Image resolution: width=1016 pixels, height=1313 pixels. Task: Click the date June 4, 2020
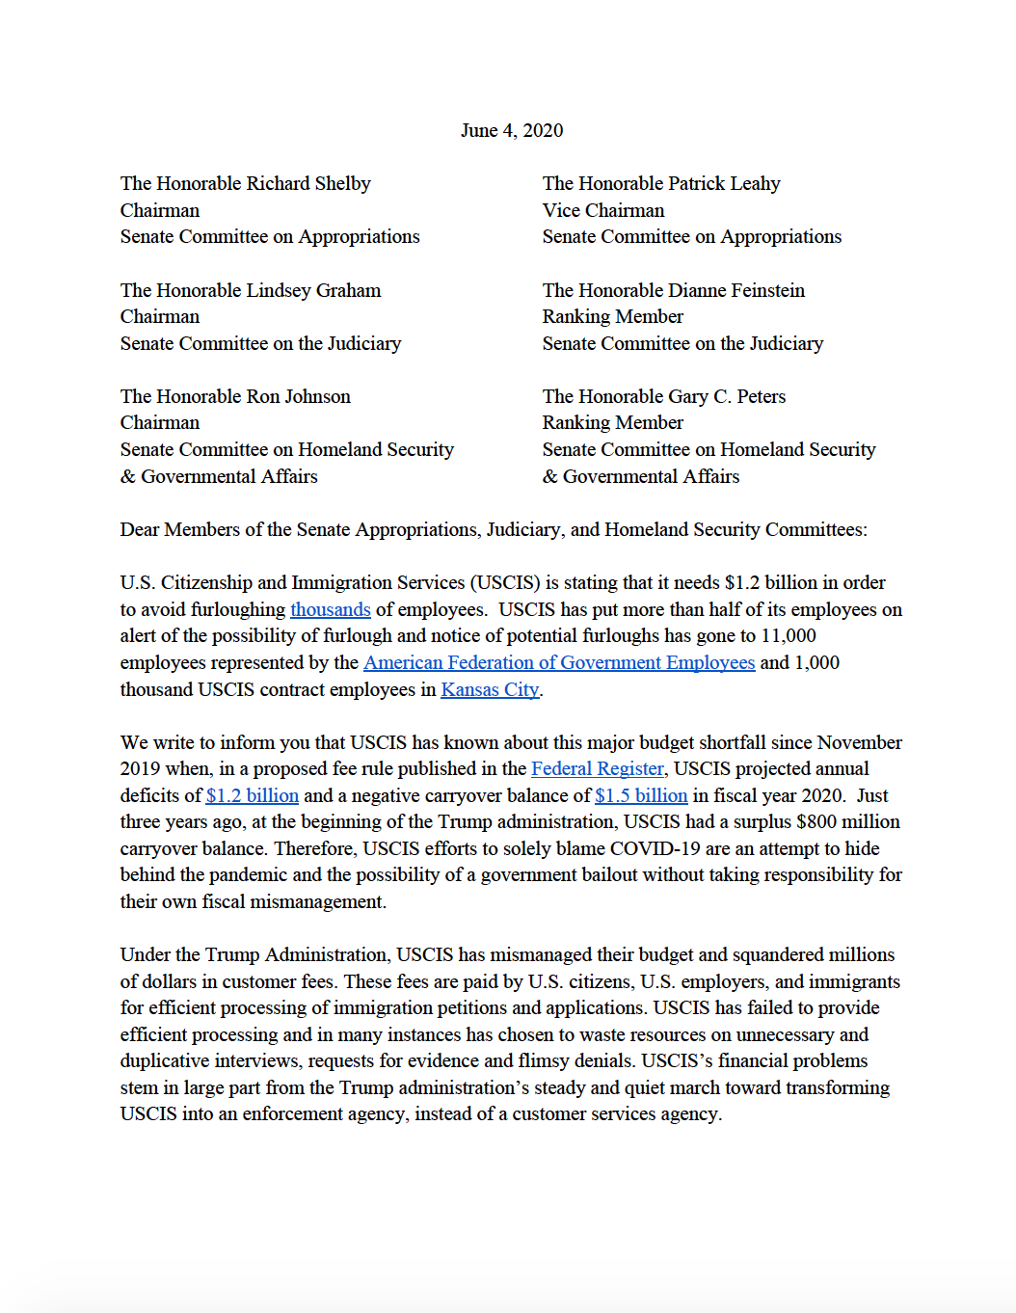click(512, 131)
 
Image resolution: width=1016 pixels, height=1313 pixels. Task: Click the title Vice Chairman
click(603, 210)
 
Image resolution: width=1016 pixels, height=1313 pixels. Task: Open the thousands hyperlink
click(331, 610)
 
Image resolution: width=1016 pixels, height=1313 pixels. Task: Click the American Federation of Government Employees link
click(559, 663)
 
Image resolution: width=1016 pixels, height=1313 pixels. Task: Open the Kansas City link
click(490, 690)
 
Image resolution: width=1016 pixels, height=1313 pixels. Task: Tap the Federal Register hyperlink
click(598, 769)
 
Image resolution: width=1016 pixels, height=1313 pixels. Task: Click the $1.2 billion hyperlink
click(253, 796)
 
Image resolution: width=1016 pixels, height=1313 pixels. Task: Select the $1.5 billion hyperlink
click(641, 796)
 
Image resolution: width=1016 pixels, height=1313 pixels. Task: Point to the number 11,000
click(789, 636)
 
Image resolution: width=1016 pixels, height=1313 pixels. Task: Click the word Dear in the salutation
click(140, 530)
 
